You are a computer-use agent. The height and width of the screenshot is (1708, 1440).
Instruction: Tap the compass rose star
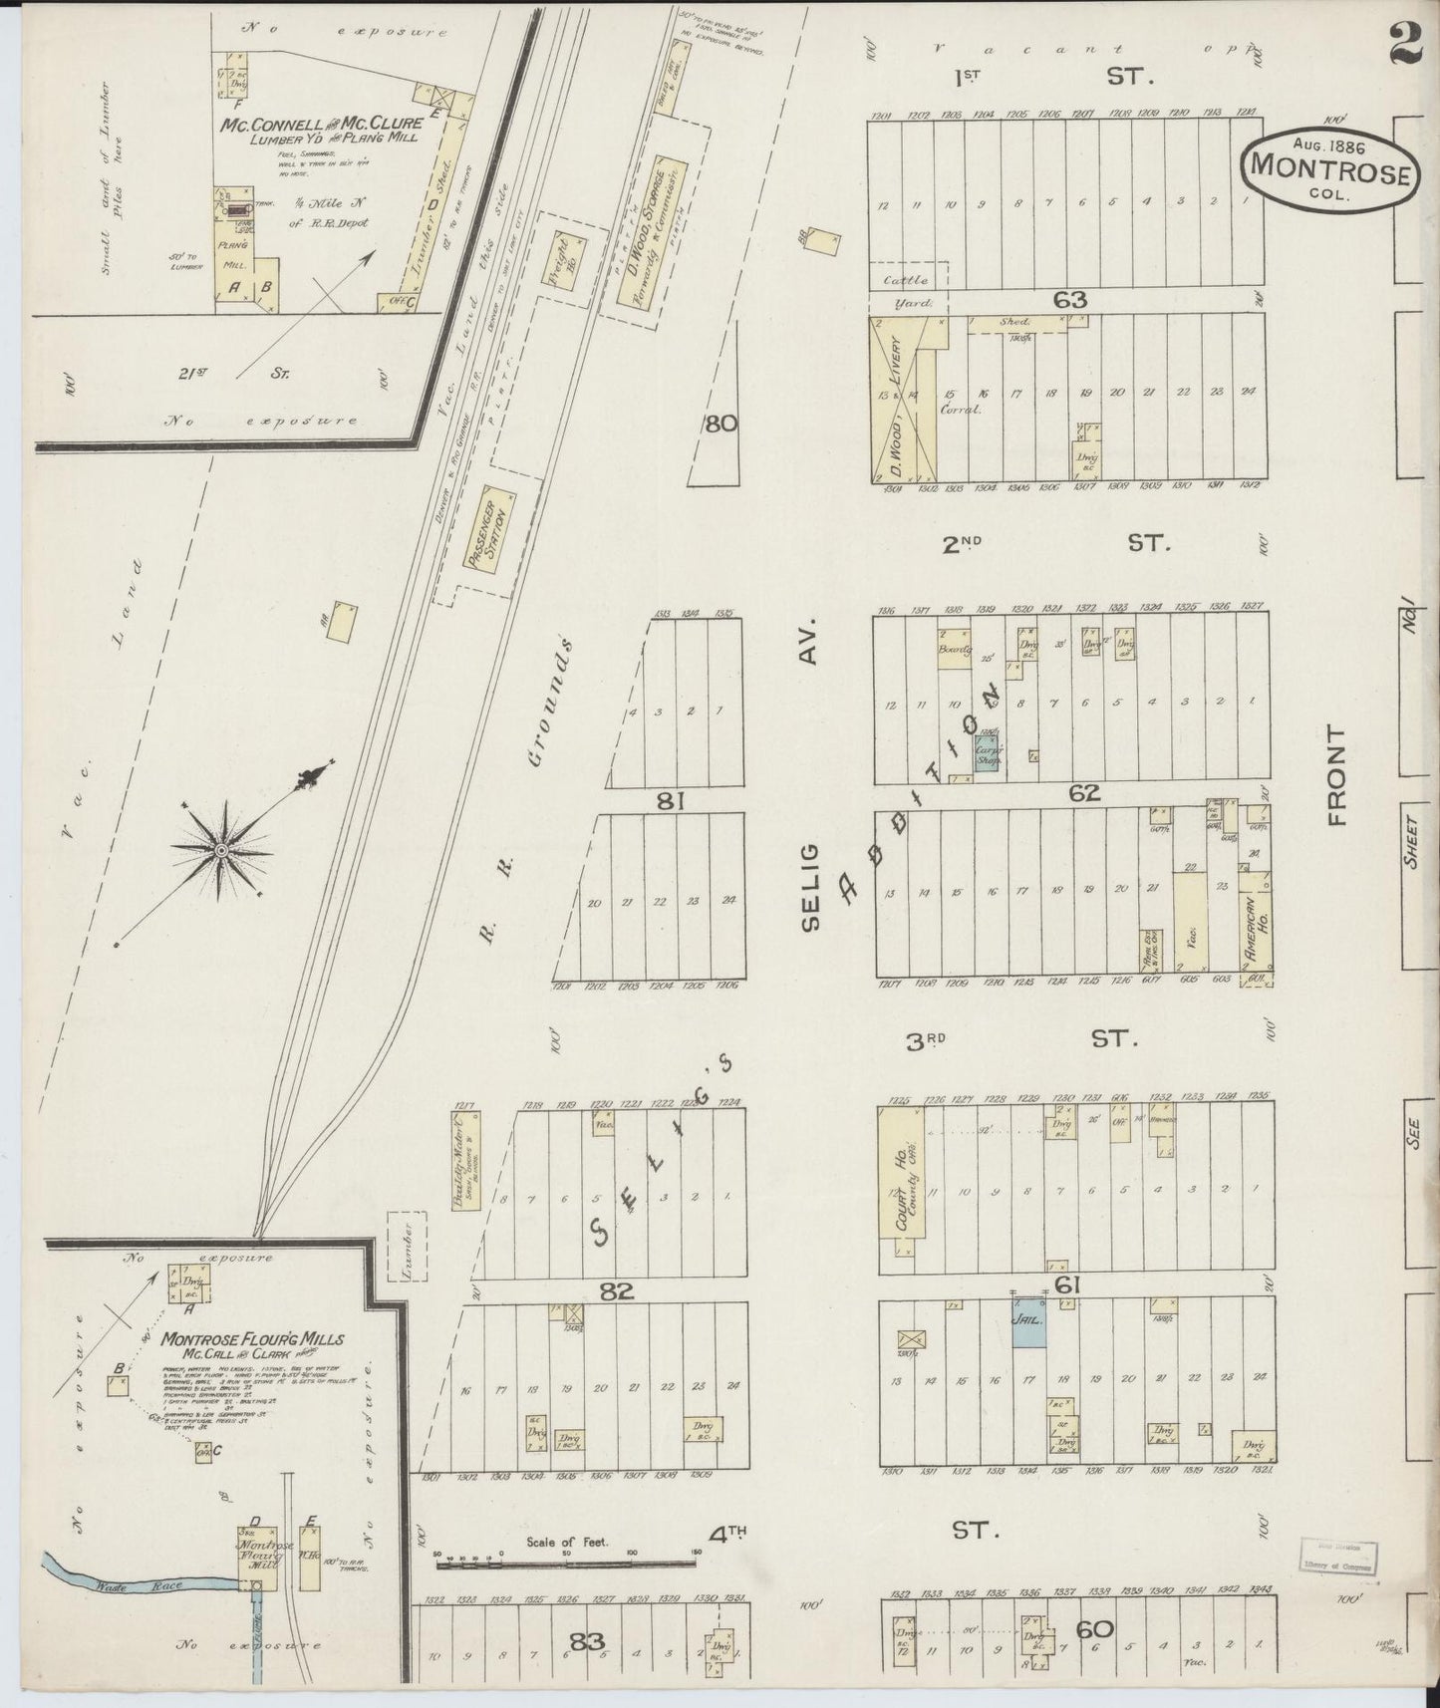click(x=220, y=849)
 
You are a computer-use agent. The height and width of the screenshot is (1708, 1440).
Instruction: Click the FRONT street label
click(x=1336, y=775)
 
